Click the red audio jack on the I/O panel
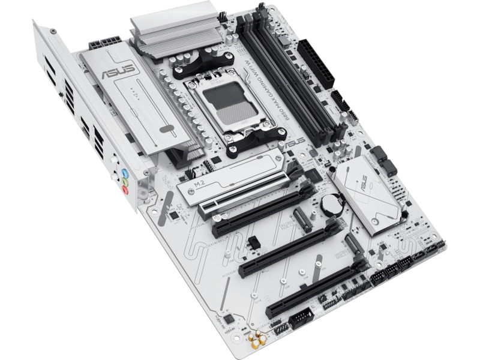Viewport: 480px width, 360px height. point(125,190)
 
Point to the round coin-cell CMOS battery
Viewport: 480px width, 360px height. point(329,205)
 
